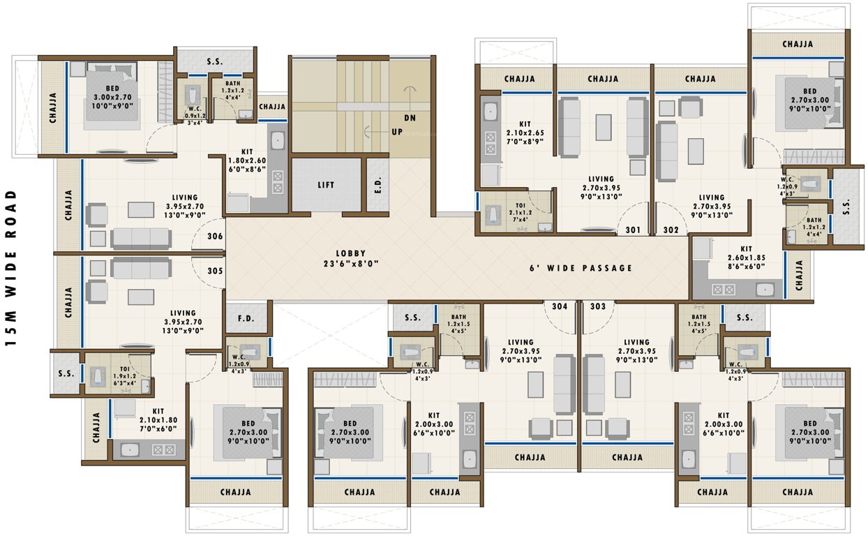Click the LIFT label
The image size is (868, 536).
[326, 186]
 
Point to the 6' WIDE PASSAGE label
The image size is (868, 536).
[581, 268]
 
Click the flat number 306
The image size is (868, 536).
[215, 237]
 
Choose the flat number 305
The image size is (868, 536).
[215, 271]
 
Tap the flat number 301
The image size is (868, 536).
[633, 229]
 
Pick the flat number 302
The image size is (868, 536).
[671, 229]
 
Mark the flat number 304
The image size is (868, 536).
[559, 306]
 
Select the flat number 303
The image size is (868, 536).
[597, 306]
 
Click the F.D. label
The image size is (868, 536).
[246, 319]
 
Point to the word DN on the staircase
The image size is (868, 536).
[410, 118]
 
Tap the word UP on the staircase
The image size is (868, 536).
[396, 132]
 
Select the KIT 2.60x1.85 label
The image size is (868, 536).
[746, 256]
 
